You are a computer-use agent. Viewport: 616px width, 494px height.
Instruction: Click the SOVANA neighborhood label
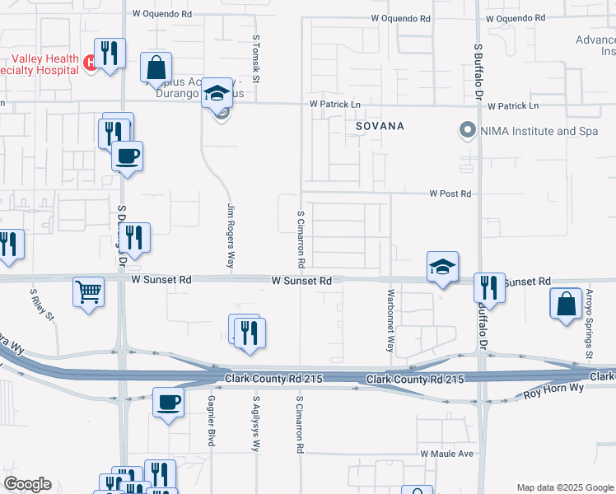[380, 127]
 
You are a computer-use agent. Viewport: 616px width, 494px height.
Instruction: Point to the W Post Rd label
[450, 194]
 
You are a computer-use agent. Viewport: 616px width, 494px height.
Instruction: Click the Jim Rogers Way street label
[231, 236]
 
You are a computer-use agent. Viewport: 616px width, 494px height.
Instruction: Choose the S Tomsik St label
[256, 59]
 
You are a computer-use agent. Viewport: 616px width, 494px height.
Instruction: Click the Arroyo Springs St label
[590, 324]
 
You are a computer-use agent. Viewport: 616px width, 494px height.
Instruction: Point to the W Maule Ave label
[446, 454]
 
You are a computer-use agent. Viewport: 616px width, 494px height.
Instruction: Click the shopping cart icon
[89, 291]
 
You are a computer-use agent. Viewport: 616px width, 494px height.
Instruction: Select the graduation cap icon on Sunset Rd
[442, 267]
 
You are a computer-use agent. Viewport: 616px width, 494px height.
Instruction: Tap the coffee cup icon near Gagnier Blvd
[169, 403]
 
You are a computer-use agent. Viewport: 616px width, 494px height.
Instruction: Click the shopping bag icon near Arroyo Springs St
[567, 304]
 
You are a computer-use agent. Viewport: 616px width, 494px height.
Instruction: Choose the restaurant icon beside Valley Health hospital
[110, 54]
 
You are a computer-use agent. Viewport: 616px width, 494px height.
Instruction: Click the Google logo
[27, 484]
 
